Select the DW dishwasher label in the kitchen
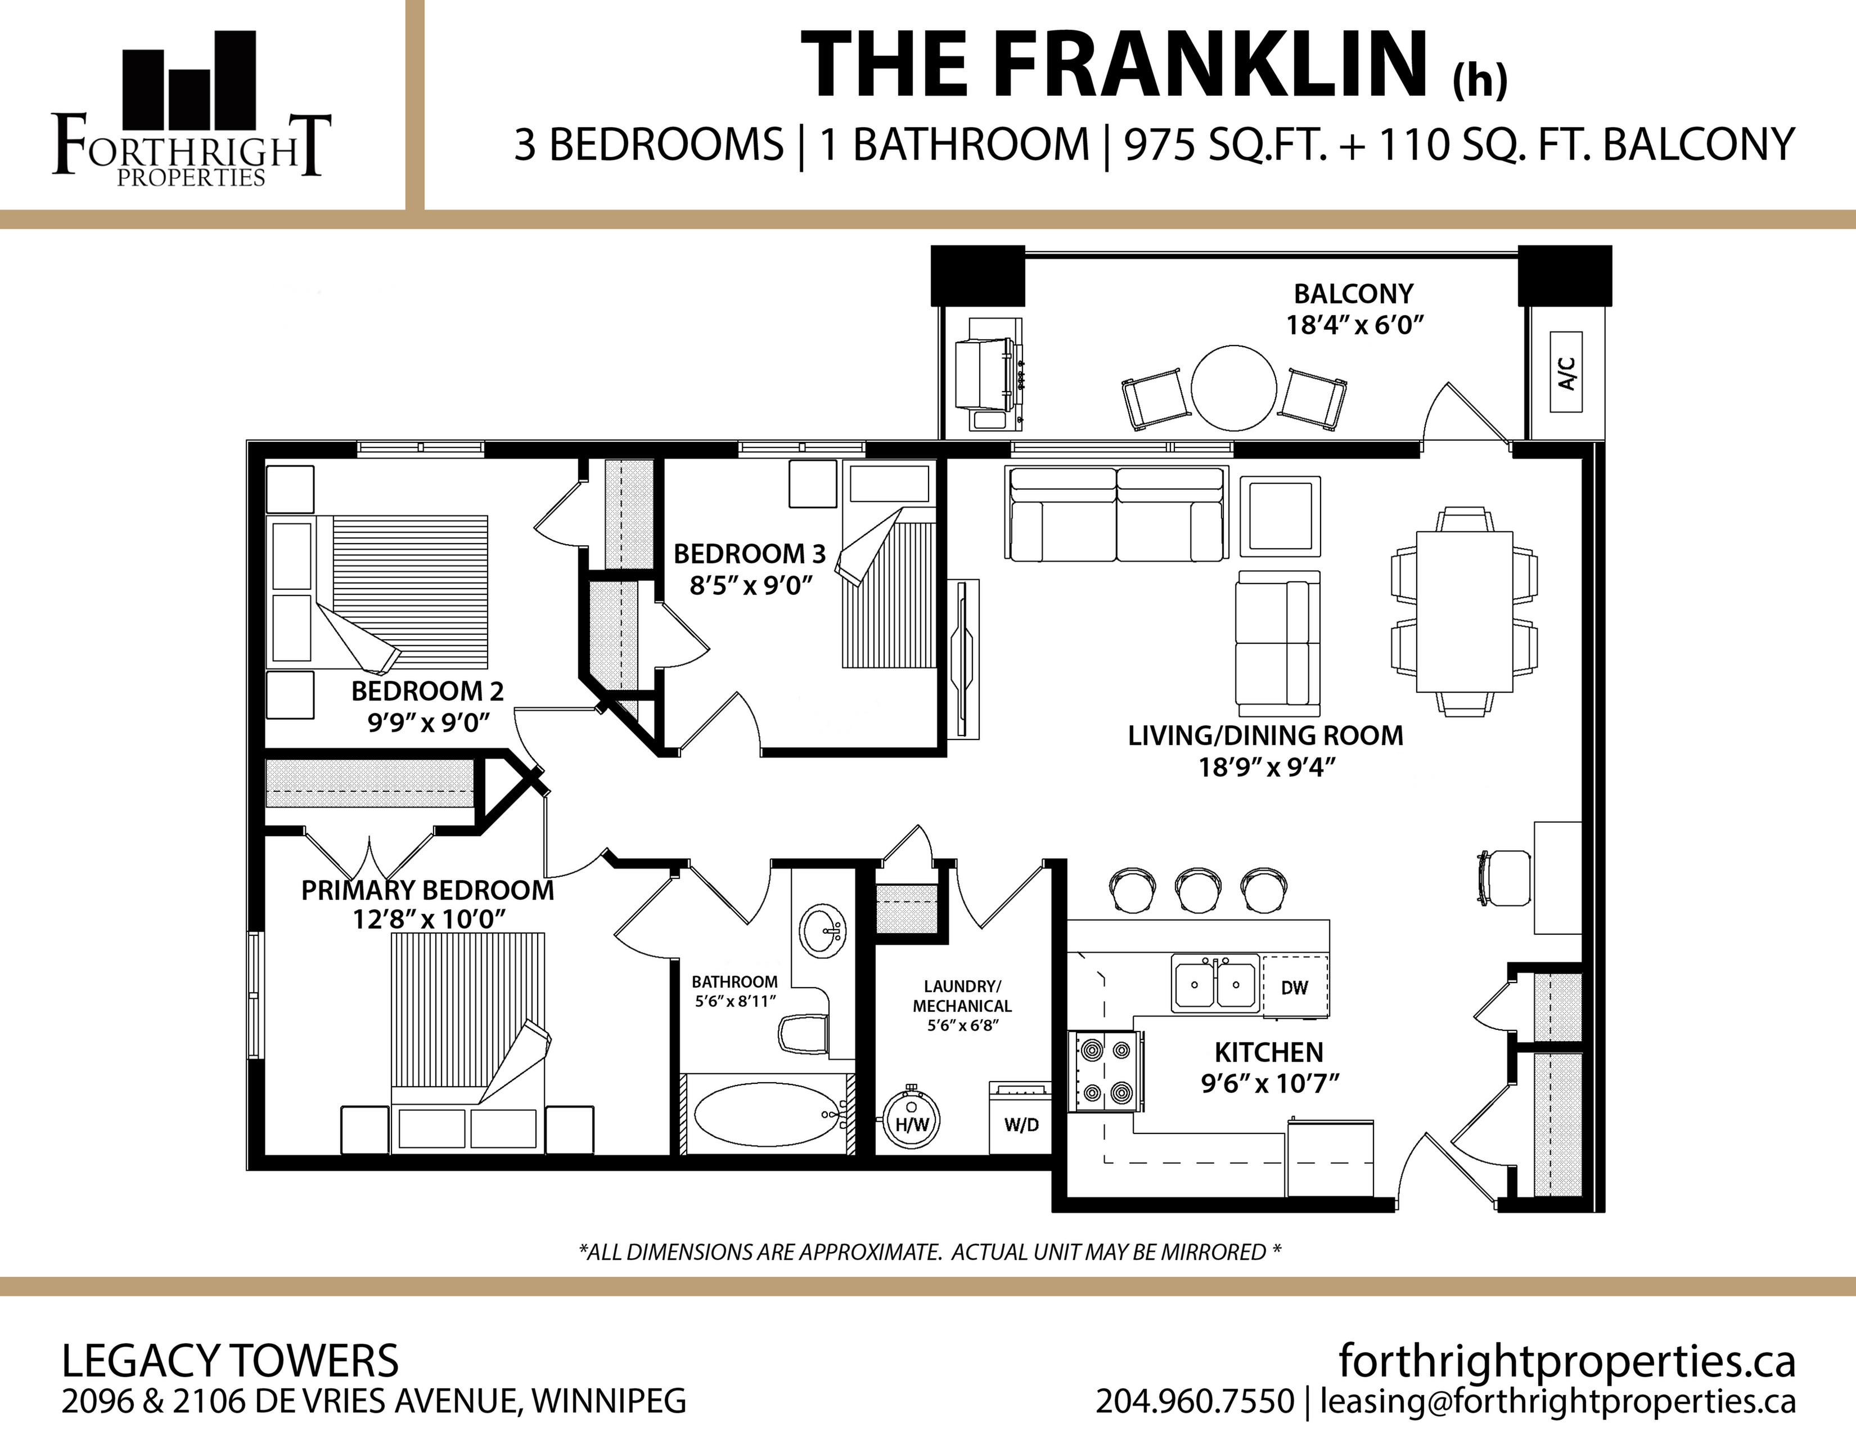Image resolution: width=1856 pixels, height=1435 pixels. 1294,987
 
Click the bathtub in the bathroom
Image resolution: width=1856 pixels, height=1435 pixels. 767,1114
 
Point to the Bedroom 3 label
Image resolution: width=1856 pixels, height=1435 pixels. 750,554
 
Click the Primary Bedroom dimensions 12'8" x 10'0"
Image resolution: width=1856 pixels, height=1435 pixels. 429,919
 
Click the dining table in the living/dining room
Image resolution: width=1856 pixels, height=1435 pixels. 1464,611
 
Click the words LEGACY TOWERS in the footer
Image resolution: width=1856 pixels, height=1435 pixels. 230,1361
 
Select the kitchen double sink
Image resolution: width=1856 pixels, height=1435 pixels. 1215,983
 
